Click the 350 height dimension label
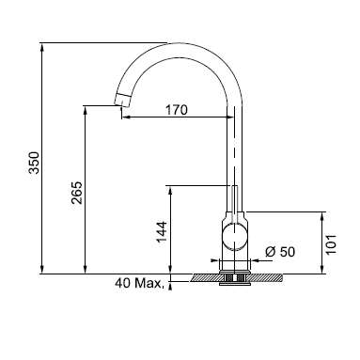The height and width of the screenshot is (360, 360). (x=34, y=163)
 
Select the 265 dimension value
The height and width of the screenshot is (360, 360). (x=76, y=193)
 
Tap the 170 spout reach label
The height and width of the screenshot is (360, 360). (x=177, y=110)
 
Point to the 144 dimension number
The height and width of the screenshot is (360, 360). (x=162, y=232)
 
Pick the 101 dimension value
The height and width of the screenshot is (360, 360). (x=331, y=244)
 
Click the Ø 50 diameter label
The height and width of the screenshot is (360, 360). (x=280, y=252)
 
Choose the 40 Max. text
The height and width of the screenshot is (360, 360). (x=139, y=283)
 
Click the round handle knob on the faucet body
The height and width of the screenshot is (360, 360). (x=235, y=237)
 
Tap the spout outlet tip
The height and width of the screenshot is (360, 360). (x=120, y=103)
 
